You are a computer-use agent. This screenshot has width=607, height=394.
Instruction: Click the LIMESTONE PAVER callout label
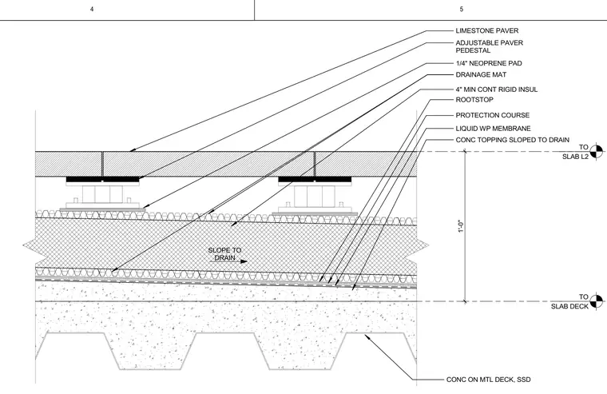click(486, 30)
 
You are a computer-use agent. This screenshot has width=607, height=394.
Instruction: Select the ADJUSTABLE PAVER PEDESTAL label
click(489, 46)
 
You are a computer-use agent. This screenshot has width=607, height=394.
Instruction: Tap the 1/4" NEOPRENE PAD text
click(489, 63)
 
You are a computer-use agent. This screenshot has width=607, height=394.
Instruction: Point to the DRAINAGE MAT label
click(481, 74)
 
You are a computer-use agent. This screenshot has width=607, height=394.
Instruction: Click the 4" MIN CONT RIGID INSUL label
click(496, 90)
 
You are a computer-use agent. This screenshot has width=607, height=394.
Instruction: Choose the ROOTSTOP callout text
click(474, 100)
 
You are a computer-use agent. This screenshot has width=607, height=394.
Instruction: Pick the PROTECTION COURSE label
click(493, 115)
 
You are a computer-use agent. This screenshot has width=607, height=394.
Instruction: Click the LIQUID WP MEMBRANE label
click(493, 128)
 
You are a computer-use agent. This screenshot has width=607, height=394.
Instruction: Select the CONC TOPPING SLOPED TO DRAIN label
click(512, 140)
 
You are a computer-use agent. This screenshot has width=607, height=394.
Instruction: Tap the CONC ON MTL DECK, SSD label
click(488, 380)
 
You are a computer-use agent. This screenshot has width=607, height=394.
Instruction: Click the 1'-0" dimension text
click(461, 226)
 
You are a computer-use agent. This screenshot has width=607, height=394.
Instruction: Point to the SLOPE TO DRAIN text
click(224, 254)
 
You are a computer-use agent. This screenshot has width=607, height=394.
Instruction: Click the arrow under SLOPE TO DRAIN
click(228, 261)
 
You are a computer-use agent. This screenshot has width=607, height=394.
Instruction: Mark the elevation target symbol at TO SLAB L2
click(597, 152)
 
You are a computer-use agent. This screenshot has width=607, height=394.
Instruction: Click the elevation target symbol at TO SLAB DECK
click(597, 301)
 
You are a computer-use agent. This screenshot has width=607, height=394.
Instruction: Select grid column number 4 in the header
click(92, 9)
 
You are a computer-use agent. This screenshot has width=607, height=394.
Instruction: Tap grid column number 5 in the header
click(462, 9)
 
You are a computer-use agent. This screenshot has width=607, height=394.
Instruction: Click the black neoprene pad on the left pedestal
click(102, 179)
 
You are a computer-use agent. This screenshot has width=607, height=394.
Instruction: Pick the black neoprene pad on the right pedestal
click(315, 179)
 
